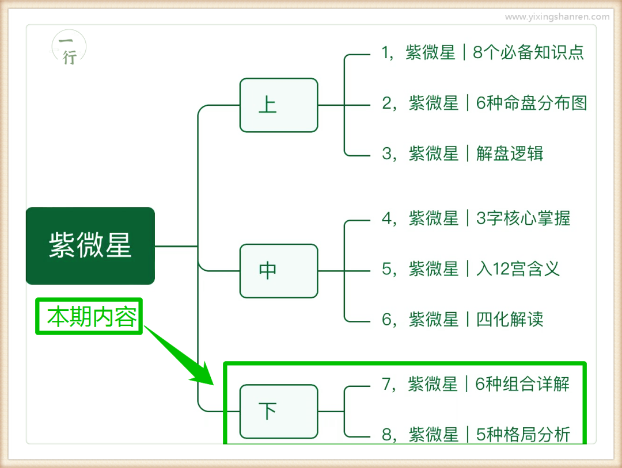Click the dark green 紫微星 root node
pyautogui.click(x=90, y=245)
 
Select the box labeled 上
pyautogui.click(x=279, y=105)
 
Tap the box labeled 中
pyautogui.click(x=279, y=271)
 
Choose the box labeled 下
pyautogui.click(x=279, y=412)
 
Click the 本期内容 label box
pyautogui.click(x=89, y=316)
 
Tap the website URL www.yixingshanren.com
pyautogui.click(x=557, y=17)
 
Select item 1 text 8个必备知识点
pyautogui.click(x=528, y=52)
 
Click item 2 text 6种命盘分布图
pyautogui.click(x=531, y=103)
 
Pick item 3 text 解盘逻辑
pyautogui.click(x=509, y=154)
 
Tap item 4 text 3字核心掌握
pyautogui.click(x=523, y=218)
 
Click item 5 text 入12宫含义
pyautogui.click(x=517, y=269)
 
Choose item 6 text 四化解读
pyautogui.click(x=509, y=320)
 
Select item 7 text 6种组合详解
pyautogui.click(x=522, y=383)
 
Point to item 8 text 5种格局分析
pyautogui.click(x=523, y=434)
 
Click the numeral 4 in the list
pyautogui.click(x=387, y=218)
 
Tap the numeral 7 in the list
pyautogui.click(x=387, y=383)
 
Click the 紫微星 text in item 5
pyautogui.click(x=433, y=269)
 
